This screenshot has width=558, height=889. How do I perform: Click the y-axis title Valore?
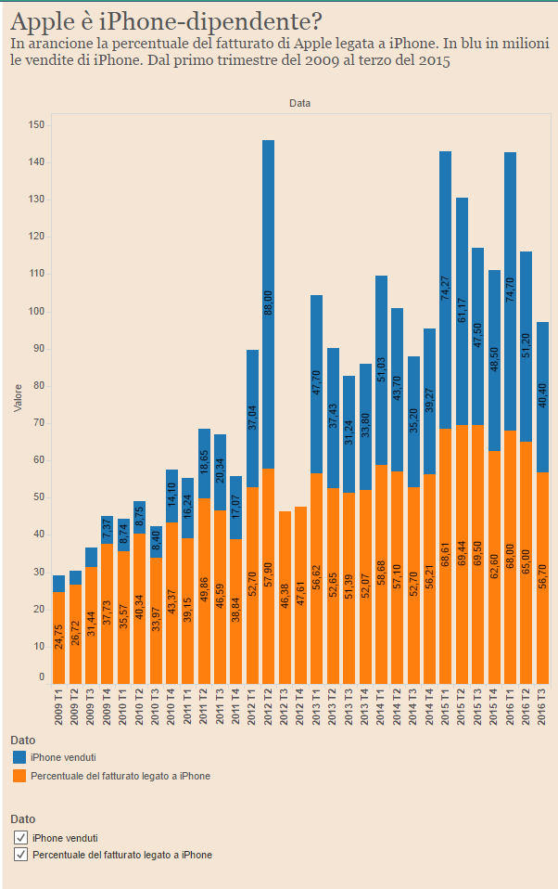click(18, 402)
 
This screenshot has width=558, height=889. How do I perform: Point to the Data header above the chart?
click(299, 104)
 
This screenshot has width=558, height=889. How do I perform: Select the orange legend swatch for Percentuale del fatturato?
click(19, 776)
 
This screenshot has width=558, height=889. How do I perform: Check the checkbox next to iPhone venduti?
click(20, 838)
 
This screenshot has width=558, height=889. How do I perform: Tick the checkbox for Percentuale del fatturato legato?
click(20, 855)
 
